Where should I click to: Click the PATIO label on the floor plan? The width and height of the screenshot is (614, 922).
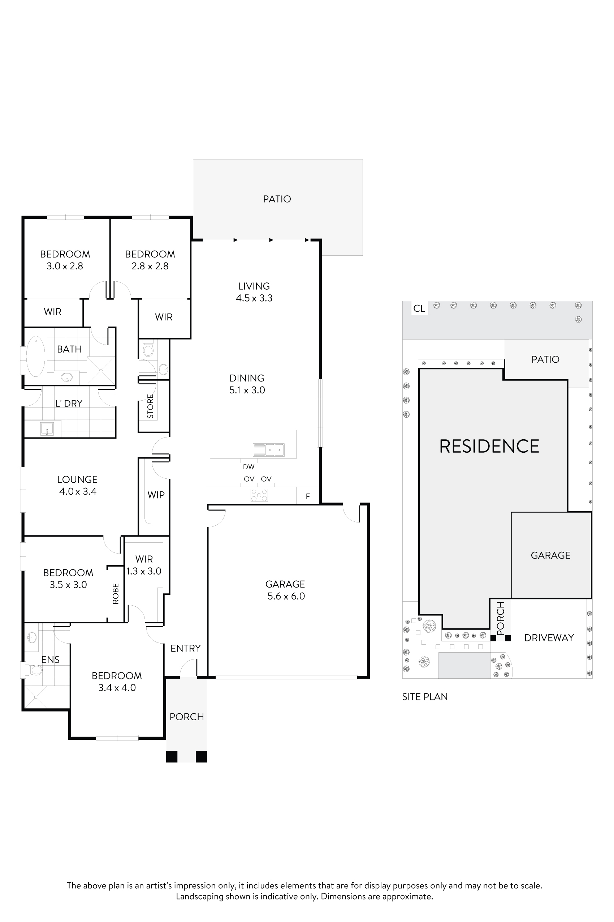[277, 199]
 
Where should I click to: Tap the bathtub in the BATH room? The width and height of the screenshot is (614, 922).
[35, 356]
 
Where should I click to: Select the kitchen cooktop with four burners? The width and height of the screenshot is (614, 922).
[259, 495]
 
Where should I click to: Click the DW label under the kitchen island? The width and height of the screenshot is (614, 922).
[248, 467]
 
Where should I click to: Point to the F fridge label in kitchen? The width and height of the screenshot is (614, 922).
[308, 497]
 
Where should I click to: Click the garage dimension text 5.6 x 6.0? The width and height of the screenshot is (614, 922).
[286, 596]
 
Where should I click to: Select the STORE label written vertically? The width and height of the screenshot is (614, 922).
[150, 406]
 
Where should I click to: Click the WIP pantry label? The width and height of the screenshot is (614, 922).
[156, 495]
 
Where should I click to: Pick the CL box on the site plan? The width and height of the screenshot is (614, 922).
[419, 308]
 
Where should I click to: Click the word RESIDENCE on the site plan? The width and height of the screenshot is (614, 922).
[489, 447]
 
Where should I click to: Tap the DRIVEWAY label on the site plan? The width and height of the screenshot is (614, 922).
[549, 638]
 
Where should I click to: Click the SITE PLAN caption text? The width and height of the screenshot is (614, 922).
[425, 697]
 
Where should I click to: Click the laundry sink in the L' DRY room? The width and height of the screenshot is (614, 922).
[47, 429]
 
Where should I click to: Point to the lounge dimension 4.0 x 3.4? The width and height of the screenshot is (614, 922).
[78, 492]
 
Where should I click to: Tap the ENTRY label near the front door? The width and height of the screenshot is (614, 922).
[185, 648]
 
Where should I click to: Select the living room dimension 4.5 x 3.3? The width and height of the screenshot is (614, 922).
[254, 298]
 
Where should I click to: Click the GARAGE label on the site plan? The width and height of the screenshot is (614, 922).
[550, 555]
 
